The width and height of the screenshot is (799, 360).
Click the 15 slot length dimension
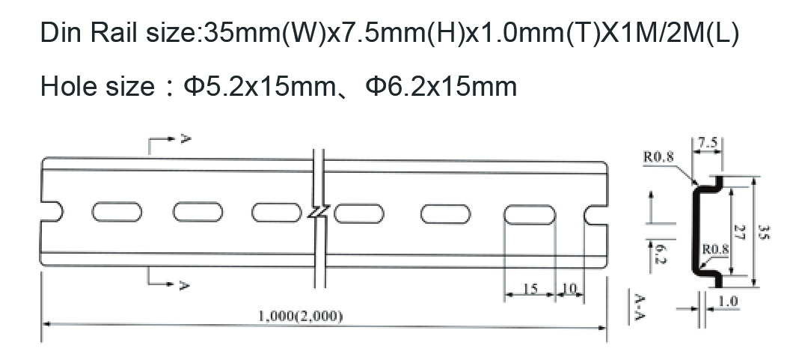point(530,289)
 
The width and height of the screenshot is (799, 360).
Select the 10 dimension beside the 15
point(569,289)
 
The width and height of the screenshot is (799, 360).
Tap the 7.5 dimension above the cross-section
point(707,143)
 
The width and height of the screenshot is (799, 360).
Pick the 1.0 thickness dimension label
point(728,301)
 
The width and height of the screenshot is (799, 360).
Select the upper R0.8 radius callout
point(658,156)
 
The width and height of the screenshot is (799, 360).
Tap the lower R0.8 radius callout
point(716,249)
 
